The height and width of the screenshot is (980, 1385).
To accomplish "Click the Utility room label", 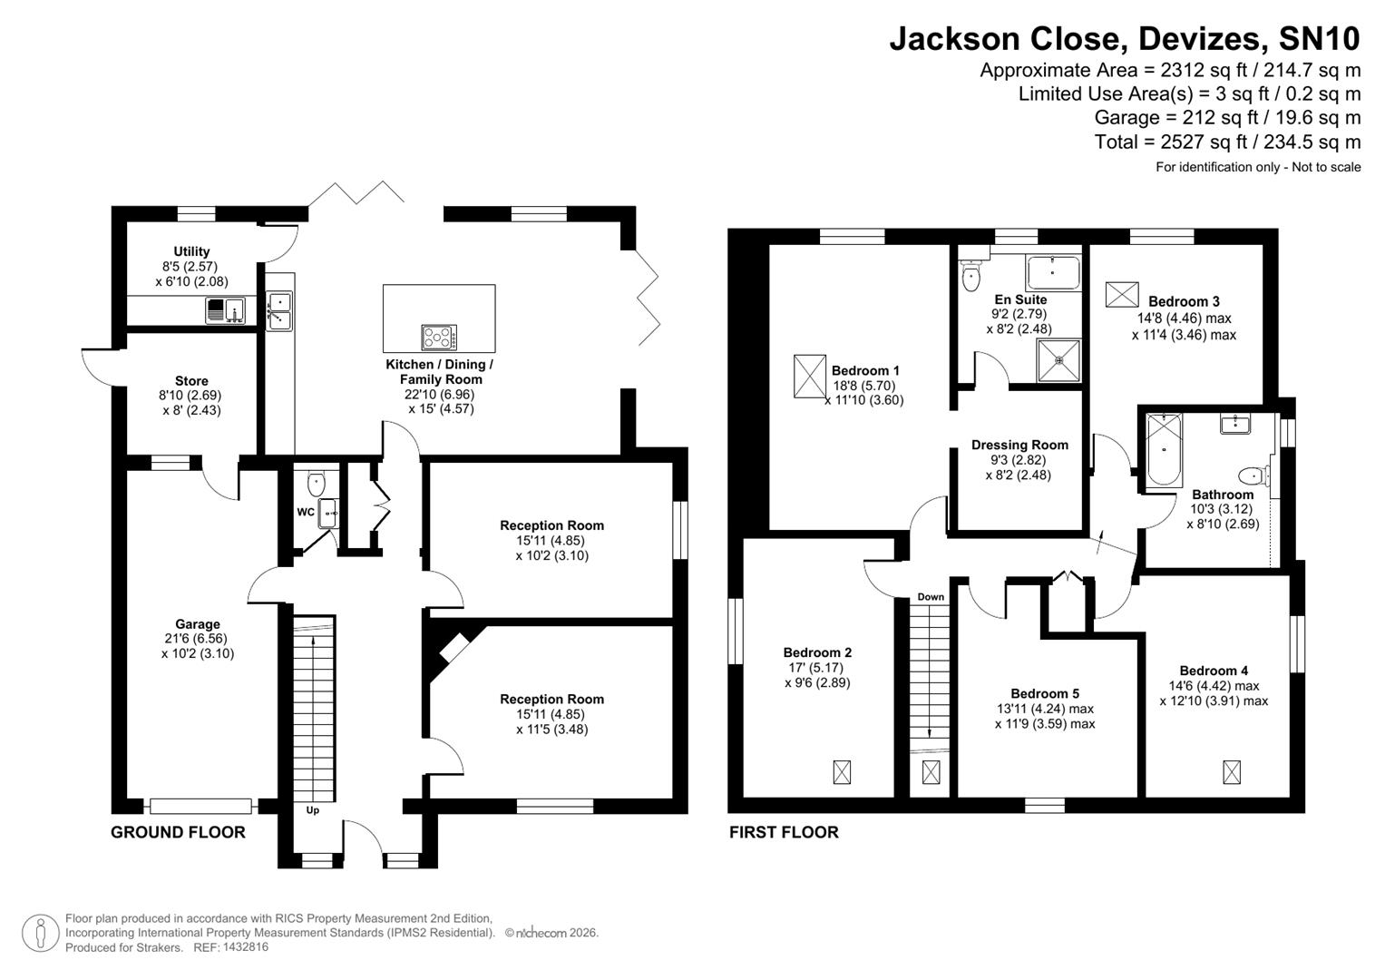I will pos(191,251).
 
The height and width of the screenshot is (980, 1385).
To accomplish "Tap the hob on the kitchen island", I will pos(439,338).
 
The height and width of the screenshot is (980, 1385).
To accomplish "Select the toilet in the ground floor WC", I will pos(316,483).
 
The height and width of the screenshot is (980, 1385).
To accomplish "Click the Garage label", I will pos(198,623).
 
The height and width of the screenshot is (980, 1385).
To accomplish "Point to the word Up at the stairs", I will pos(313,810).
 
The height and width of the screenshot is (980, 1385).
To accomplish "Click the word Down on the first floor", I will pos(931,597).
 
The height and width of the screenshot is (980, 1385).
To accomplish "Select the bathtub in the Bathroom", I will pos(1161,450).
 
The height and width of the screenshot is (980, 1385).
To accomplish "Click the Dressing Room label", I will pos(1019,445).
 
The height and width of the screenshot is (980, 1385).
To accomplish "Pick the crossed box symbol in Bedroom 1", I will pos(810,376).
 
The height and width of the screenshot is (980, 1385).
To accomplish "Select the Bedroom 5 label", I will pos(1045,693).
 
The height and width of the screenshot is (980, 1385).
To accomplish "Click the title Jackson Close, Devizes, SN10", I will pos(1124,38).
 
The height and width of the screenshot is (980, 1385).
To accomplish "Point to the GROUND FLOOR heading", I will pos(178,832).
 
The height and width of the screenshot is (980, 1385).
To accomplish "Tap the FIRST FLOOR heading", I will pos(784,832).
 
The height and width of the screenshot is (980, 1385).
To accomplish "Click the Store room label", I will pos(191,381).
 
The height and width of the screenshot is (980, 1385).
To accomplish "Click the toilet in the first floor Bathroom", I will pos(1253,475).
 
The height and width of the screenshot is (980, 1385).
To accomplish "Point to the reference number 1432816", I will pos(239,946).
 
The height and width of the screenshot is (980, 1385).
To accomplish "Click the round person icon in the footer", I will pos(40,934).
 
